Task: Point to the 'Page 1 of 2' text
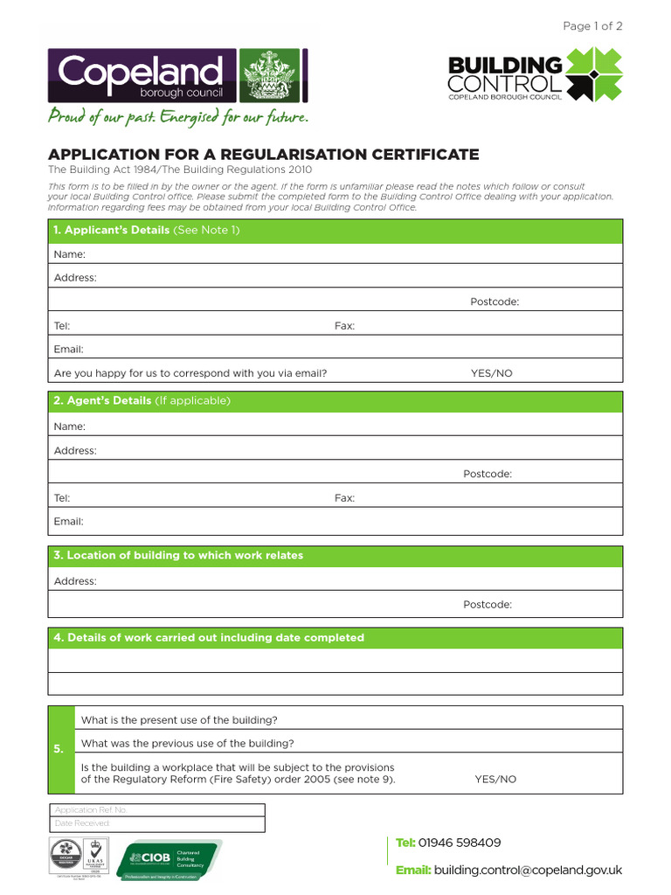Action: (592, 26)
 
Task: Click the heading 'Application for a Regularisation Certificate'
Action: (263, 155)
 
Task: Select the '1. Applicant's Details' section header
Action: (147, 230)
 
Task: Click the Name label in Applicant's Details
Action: (70, 254)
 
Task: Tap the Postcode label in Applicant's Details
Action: (495, 302)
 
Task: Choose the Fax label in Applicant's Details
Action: (344, 325)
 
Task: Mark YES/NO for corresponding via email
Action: (491, 373)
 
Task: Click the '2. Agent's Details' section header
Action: (142, 400)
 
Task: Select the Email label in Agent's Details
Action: (69, 521)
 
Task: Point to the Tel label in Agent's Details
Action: (62, 497)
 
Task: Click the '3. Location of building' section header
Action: (179, 555)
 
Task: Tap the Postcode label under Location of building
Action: (487, 604)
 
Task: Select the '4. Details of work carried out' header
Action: (209, 637)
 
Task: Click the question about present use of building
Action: (179, 720)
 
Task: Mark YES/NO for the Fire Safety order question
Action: (495, 779)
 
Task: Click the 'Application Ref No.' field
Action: (157, 810)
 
